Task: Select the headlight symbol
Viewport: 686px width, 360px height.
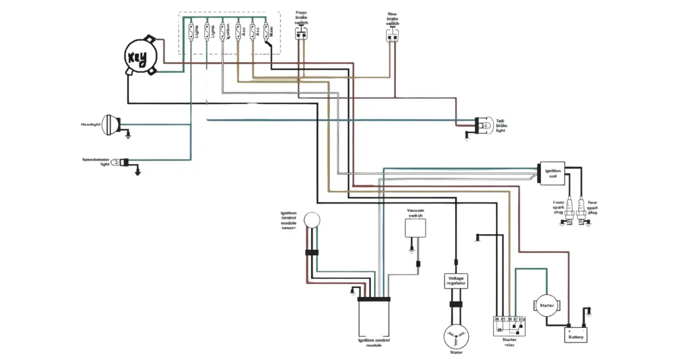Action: [110, 125]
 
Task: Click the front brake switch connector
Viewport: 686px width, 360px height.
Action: [301, 34]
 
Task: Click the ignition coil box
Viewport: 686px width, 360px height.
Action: [553, 173]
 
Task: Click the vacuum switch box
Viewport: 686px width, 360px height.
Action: [416, 227]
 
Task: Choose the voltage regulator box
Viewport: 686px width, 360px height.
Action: [456, 280]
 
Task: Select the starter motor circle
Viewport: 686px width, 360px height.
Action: [547, 305]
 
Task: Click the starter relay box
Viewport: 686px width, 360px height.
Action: [509, 326]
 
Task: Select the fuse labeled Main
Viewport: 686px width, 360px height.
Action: [266, 31]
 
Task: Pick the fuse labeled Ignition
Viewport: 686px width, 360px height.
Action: [223, 31]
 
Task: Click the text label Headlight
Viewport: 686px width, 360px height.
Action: [91, 124]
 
